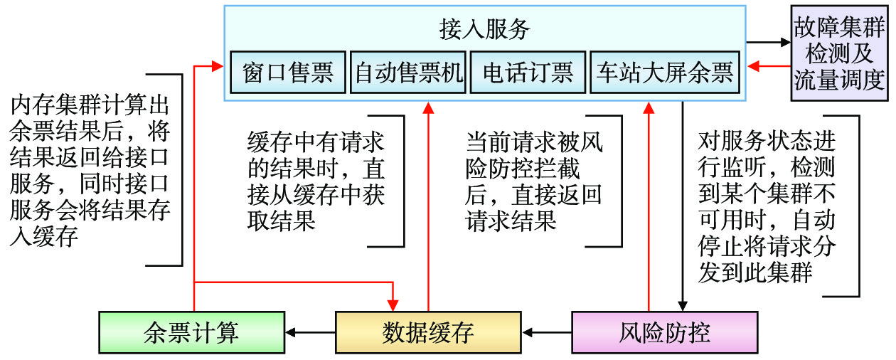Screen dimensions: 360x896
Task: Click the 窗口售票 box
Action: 287,73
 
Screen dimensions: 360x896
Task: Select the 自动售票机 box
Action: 408,73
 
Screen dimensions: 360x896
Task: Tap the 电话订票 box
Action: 528,73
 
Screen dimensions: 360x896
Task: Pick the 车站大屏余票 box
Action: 664,73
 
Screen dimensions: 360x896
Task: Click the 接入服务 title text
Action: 484,29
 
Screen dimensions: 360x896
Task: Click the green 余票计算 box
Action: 191,332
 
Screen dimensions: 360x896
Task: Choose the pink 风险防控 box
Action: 664,332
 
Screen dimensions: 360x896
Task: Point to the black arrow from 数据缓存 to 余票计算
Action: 310,332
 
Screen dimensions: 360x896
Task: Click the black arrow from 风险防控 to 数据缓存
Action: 547,332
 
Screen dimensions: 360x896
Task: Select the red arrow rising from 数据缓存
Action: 428,206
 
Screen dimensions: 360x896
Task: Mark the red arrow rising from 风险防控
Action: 649,206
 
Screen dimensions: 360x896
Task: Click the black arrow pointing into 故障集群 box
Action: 769,41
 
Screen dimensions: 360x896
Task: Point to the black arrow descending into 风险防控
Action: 683,206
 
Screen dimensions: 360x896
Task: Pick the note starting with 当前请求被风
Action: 534,181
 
